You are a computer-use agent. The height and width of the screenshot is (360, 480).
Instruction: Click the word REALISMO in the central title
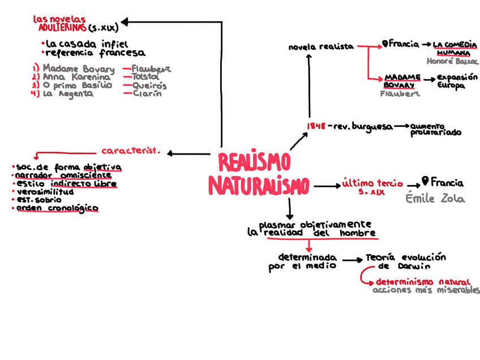click(254, 163)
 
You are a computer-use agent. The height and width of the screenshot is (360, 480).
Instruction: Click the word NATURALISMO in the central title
click(259, 186)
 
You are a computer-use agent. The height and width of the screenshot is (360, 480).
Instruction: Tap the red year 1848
click(315, 126)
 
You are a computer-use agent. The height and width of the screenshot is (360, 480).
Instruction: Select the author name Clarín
click(147, 94)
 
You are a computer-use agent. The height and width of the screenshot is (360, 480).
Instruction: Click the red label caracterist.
click(131, 151)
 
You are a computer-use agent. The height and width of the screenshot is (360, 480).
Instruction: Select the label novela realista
click(321, 47)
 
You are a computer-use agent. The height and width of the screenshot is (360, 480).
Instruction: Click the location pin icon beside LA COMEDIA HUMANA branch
click(385, 44)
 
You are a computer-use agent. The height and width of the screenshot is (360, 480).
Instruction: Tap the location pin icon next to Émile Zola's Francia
click(426, 182)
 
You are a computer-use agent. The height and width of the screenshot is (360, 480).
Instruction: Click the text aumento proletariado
click(435, 130)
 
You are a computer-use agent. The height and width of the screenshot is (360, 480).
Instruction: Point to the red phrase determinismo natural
click(423, 282)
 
